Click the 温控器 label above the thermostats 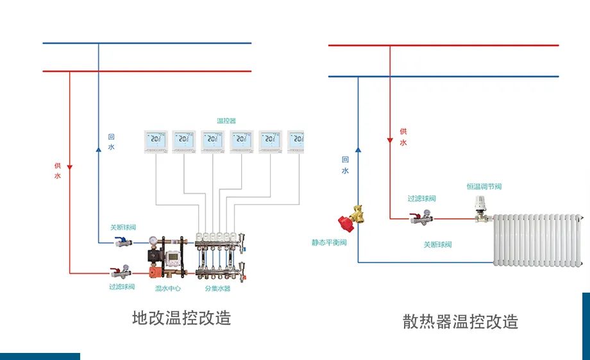tap(226, 121)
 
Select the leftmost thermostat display tap(156, 141)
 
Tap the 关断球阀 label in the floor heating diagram tap(122, 227)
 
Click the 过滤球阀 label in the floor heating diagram tap(122, 287)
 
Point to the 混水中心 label tap(168, 289)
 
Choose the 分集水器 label tap(217, 289)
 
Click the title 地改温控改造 tap(181, 318)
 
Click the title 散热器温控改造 tap(460, 321)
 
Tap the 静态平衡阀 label tap(329, 243)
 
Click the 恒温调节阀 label tap(484, 187)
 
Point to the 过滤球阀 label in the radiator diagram tap(421, 198)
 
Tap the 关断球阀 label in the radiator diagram tap(437, 244)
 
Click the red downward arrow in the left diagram tap(70, 167)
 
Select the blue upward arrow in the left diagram tap(98, 149)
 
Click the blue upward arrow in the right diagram tap(358, 149)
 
